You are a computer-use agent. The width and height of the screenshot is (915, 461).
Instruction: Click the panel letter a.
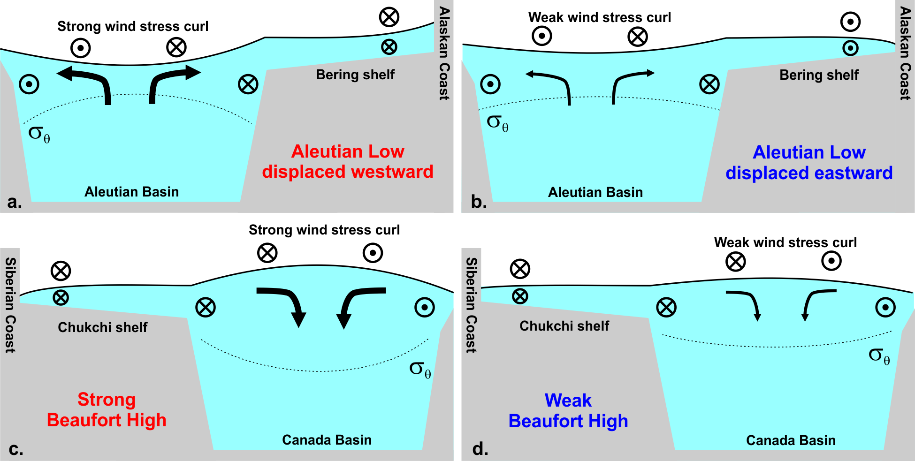15,202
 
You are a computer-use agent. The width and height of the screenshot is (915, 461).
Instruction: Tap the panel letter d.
480,449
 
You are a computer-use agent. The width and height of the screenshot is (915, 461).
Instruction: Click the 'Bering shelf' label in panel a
355,75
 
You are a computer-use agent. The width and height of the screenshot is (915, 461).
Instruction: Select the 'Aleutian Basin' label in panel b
595,192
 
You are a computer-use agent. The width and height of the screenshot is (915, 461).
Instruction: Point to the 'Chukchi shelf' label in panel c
102,327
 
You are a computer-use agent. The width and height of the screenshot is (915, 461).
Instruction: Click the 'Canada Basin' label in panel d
791,440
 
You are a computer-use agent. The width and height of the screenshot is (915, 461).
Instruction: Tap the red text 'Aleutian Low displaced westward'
348,161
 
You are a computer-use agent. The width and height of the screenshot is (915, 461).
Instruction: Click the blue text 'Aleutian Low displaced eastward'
809,163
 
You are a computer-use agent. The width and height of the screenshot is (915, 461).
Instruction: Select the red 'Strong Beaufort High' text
107,410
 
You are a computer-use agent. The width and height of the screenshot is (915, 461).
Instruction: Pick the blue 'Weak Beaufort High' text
568,411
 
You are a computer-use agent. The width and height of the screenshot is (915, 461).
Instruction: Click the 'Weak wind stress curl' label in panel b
600,17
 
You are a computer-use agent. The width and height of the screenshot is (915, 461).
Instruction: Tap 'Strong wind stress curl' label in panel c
324,230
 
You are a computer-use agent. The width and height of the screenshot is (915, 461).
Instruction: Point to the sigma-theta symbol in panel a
39,134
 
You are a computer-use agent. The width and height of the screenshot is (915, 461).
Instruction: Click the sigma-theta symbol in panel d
879,356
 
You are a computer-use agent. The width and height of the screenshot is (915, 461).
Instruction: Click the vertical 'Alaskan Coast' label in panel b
905,53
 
